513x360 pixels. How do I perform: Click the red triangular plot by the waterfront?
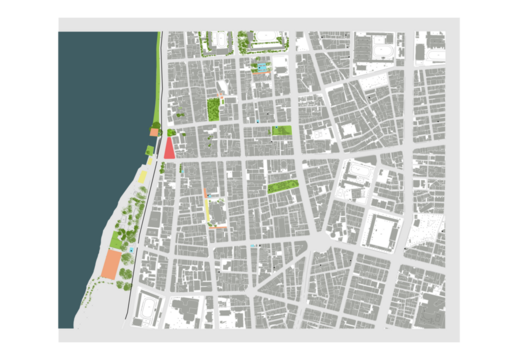170,149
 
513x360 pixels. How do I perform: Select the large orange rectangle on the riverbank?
111,264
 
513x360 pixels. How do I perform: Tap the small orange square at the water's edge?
154,132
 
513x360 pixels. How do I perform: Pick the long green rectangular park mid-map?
284,186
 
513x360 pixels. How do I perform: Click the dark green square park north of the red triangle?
213,109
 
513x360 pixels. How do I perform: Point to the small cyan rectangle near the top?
262,67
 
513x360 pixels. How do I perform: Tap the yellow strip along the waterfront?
143,175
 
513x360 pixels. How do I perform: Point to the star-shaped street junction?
318,243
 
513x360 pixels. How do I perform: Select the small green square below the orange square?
149,150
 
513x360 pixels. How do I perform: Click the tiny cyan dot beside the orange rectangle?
131,249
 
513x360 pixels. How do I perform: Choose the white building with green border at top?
266,43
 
